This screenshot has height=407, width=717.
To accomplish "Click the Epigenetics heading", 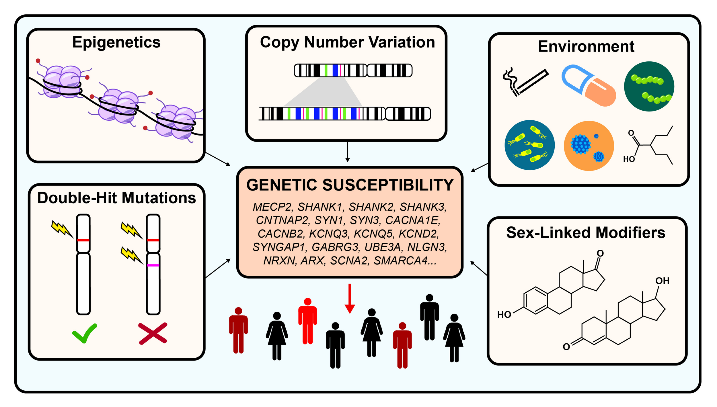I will [x=116, y=42].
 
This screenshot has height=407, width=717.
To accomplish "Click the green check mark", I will [x=85, y=333].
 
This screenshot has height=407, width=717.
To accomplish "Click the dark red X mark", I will [x=153, y=333].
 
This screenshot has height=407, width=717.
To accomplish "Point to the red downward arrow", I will [x=350, y=299].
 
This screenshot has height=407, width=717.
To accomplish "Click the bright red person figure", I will [x=307, y=321].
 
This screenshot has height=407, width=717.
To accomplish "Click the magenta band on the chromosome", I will [x=153, y=265].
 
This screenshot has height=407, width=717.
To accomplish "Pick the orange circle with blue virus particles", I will [x=589, y=146].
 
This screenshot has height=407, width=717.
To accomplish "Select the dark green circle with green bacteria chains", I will [x=649, y=86].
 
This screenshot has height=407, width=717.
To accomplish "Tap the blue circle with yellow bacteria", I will [x=529, y=145].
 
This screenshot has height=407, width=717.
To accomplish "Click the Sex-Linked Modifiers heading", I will [x=586, y=233].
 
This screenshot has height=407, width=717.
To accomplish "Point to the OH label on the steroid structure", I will [x=662, y=281].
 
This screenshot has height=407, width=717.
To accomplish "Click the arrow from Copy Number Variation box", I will [x=348, y=152].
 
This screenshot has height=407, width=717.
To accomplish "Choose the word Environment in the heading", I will [x=586, y=46].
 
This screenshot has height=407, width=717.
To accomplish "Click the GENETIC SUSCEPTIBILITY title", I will [x=350, y=185].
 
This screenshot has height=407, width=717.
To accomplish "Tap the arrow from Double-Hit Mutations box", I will [x=218, y=268].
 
